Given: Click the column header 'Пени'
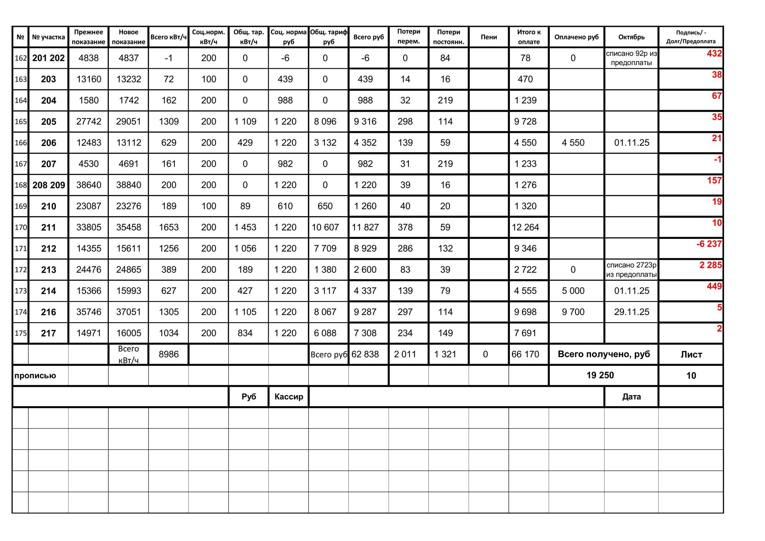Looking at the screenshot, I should click(488, 37).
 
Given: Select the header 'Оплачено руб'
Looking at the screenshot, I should click(576, 37).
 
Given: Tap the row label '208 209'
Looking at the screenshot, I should click(49, 185).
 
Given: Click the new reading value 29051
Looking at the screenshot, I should click(128, 122).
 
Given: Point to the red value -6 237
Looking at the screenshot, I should click(709, 244).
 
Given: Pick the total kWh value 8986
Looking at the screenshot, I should click(169, 354).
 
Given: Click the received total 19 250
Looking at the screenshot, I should click(600, 375).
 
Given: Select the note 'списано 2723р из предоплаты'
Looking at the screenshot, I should click(631, 270).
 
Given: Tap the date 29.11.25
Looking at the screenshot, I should click(632, 312).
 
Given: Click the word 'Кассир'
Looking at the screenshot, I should click(289, 397).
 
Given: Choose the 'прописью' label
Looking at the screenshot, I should click(35, 376).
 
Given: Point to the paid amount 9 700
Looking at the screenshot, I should click(573, 312).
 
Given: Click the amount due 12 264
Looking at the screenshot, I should click(525, 227).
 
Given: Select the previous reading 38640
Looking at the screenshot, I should click(88, 185).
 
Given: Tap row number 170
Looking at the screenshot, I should click(21, 228).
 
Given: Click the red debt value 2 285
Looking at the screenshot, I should click(710, 265).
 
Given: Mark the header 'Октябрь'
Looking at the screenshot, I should click(631, 37).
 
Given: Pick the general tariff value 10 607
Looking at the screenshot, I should click(325, 227).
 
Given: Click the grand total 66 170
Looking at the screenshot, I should click(525, 354).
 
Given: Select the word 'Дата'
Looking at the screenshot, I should click(631, 397).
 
